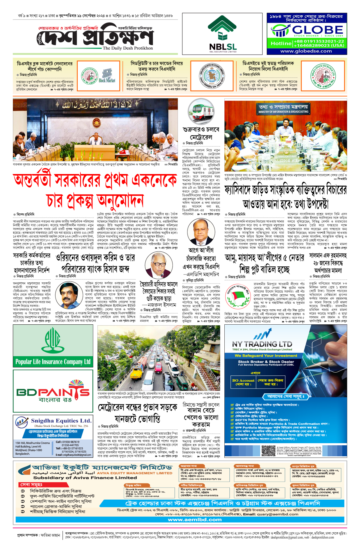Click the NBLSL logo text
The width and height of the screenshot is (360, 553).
[x=223, y=47]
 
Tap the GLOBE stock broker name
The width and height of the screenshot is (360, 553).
[x=317, y=30]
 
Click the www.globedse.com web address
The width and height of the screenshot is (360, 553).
[x=306, y=51]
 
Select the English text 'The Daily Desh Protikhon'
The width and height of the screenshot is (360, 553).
[x=127, y=48]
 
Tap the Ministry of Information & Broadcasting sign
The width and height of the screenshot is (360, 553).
[x=283, y=109]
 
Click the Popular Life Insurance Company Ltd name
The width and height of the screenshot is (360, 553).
[x=53, y=362]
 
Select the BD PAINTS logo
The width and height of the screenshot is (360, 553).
[x=53, y=392]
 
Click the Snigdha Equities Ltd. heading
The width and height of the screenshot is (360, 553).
[x=61, y=421]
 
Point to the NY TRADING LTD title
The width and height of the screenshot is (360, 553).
[x=262, y=344]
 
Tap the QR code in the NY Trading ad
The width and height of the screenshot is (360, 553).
[x=268, y=451]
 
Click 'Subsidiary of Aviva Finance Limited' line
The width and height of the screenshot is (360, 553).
[x=85, y=478]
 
